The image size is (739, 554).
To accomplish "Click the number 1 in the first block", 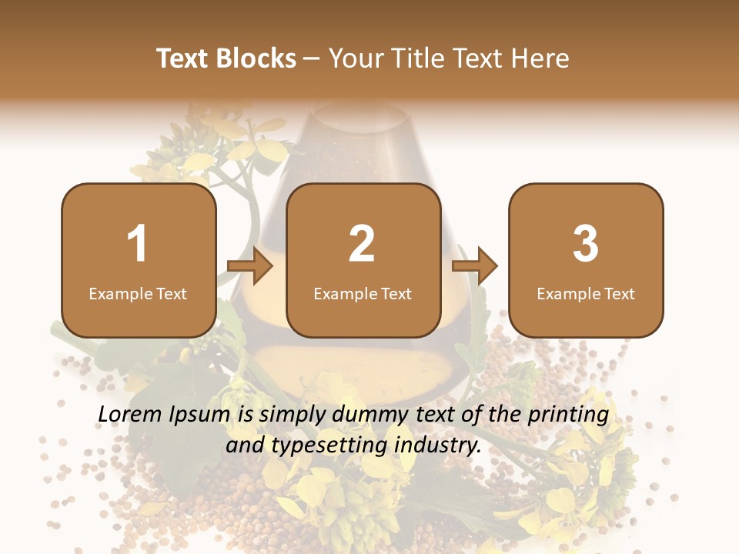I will click(x=138, y=244).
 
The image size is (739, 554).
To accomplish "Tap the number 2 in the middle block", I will click(x=362, y=244).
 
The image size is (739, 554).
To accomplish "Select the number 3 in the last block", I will click(x=586, y=244).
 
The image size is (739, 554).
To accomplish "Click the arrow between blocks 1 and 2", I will click(x=250, y=267).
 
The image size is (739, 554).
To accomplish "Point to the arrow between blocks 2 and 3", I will click(x=475, y=267).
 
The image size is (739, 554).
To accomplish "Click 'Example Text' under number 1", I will click(x=138, y=294).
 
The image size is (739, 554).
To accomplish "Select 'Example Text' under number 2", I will click(x=363, y=294).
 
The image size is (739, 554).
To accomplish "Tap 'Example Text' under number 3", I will click(x=586, y=294).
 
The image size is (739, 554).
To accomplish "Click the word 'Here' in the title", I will click(x=542, y=58).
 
